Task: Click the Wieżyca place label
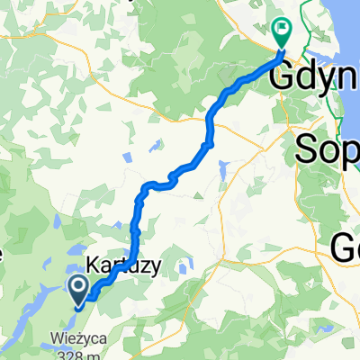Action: [x=76, y=341]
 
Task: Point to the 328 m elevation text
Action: [x=77, y=355]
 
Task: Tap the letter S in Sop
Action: [x=308, y=147]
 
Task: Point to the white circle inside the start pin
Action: [x=78, y=287]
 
